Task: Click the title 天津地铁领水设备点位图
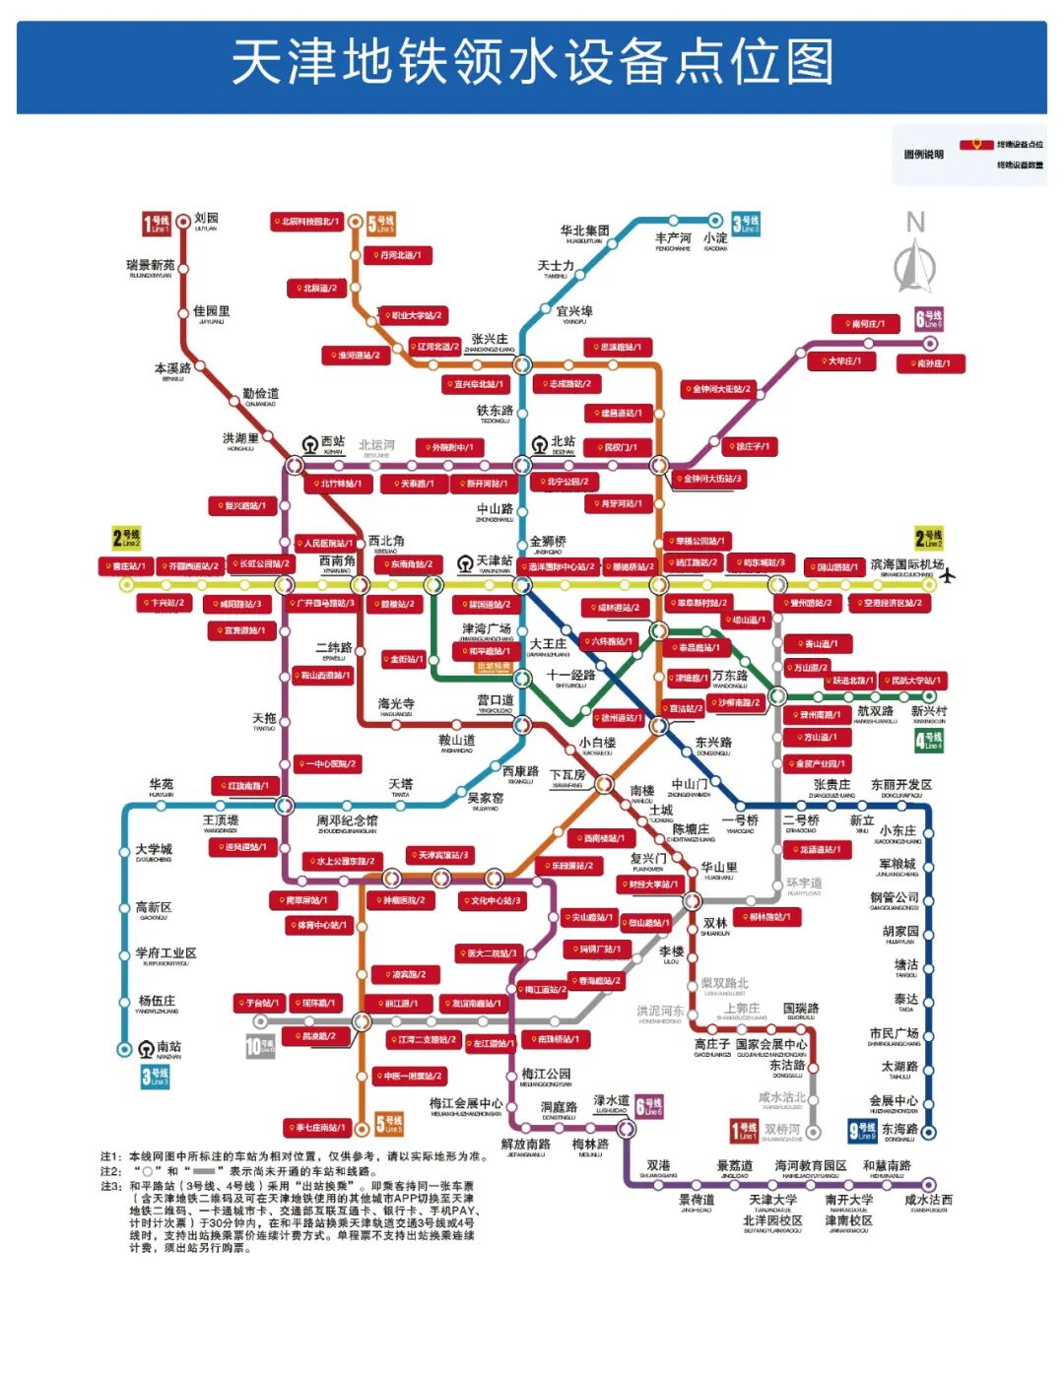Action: click(x=532, y=63)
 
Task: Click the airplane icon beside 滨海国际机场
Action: click(x=948, y=575)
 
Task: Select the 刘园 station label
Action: click(x=206, y=219)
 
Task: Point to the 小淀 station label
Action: click(x=715, y=238)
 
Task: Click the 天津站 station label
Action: click(x=494, y=561)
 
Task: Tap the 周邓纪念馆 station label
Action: click(x=347, y=820)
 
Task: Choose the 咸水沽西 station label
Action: click(x=928, y=1200)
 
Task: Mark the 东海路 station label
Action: click(x=899, y=1130)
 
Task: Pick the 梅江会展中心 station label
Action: click(x=466, y=1104)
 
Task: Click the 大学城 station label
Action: click(x=154, y=849)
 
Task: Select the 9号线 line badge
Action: click(x=862, y=1131)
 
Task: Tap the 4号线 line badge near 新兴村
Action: click(x=928, y=740)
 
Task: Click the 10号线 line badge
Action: click(x=260, y=1046)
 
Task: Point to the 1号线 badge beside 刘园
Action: click(x=157, y=224)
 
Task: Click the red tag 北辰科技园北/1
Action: click(x=306, y=222)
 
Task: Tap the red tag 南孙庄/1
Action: click(x=930, y=363)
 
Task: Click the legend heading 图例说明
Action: click(x=923, y=155)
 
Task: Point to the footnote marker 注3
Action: click(x=111, y=1186)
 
